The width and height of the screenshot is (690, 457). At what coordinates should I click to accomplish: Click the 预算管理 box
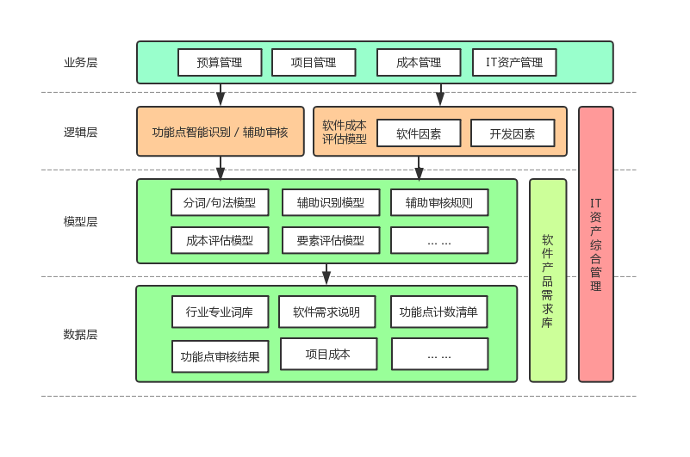click(x=220, y=62)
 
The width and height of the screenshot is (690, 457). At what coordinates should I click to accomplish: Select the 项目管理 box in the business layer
click(x=314, y=62)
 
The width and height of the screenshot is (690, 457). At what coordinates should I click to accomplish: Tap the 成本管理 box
click(x=419, y=62)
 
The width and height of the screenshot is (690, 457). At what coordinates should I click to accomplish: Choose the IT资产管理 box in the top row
click(x=514, y=62)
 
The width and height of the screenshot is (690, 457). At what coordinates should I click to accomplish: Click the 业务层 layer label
click(x=81, y=62)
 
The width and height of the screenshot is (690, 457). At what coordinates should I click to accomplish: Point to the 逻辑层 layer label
click(x=81, y=132)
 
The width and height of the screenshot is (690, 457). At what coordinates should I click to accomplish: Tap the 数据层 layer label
click(x=81, y=334)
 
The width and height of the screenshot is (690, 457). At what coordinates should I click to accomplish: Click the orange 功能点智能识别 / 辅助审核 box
click(x=221, y=132)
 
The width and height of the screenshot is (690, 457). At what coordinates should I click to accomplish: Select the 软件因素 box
click(x=419, y=133)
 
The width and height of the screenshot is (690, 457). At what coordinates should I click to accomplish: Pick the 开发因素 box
click(x=513, y=133)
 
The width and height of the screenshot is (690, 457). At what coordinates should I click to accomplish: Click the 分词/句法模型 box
click(x=220, y=203)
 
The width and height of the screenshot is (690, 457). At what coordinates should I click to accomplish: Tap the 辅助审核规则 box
click(x=439, y=203)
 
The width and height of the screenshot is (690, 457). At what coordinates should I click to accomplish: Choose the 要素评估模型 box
click(x=331, y=240)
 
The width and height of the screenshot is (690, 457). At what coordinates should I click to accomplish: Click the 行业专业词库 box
click(x=219, y=312)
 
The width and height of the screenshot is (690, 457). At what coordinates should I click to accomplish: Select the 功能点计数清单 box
click(x=439, y=312)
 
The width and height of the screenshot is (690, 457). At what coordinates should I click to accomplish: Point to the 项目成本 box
click(x=328, y=354)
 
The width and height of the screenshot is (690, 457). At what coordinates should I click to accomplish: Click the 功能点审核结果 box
click(x=221, y=355)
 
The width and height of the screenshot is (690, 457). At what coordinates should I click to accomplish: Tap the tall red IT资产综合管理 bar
click(x=596, y=244)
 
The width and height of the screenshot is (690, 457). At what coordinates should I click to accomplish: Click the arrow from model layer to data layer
click(x=326, y=274)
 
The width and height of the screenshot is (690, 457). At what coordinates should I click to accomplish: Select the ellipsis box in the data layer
click(x=439, y=354)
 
